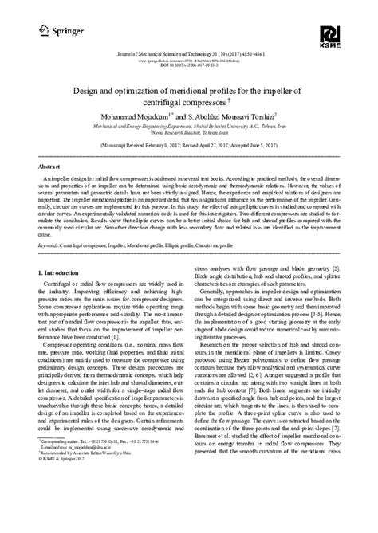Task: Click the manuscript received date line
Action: pos(189,147)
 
